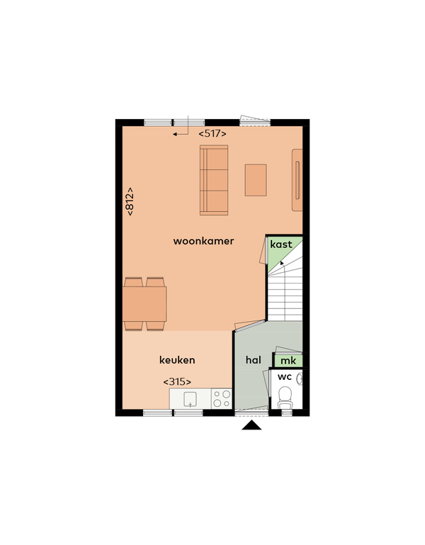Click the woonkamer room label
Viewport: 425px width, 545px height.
point(203,241)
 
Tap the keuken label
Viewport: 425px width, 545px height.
point(177,360)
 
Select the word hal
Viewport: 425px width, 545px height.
point(254,360)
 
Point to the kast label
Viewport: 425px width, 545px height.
point(281,245)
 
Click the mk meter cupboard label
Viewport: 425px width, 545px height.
point(288,361)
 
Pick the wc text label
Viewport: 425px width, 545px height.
point(285,376)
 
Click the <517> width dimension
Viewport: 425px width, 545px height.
point(212,133)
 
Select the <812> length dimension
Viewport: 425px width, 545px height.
point(130,201)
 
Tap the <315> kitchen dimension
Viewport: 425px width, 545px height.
point(177,381)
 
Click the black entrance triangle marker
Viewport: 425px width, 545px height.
point(251,425)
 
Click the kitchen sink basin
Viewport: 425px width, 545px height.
point(190,399)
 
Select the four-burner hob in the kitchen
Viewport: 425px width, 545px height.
point(222,398)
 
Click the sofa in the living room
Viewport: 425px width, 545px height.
point(214,180)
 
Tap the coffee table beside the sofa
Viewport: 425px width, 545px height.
point(256,180)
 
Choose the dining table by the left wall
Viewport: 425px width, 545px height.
point(144,304)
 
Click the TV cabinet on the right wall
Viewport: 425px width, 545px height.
point(297,180)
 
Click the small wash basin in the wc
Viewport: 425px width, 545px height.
point(300,378)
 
